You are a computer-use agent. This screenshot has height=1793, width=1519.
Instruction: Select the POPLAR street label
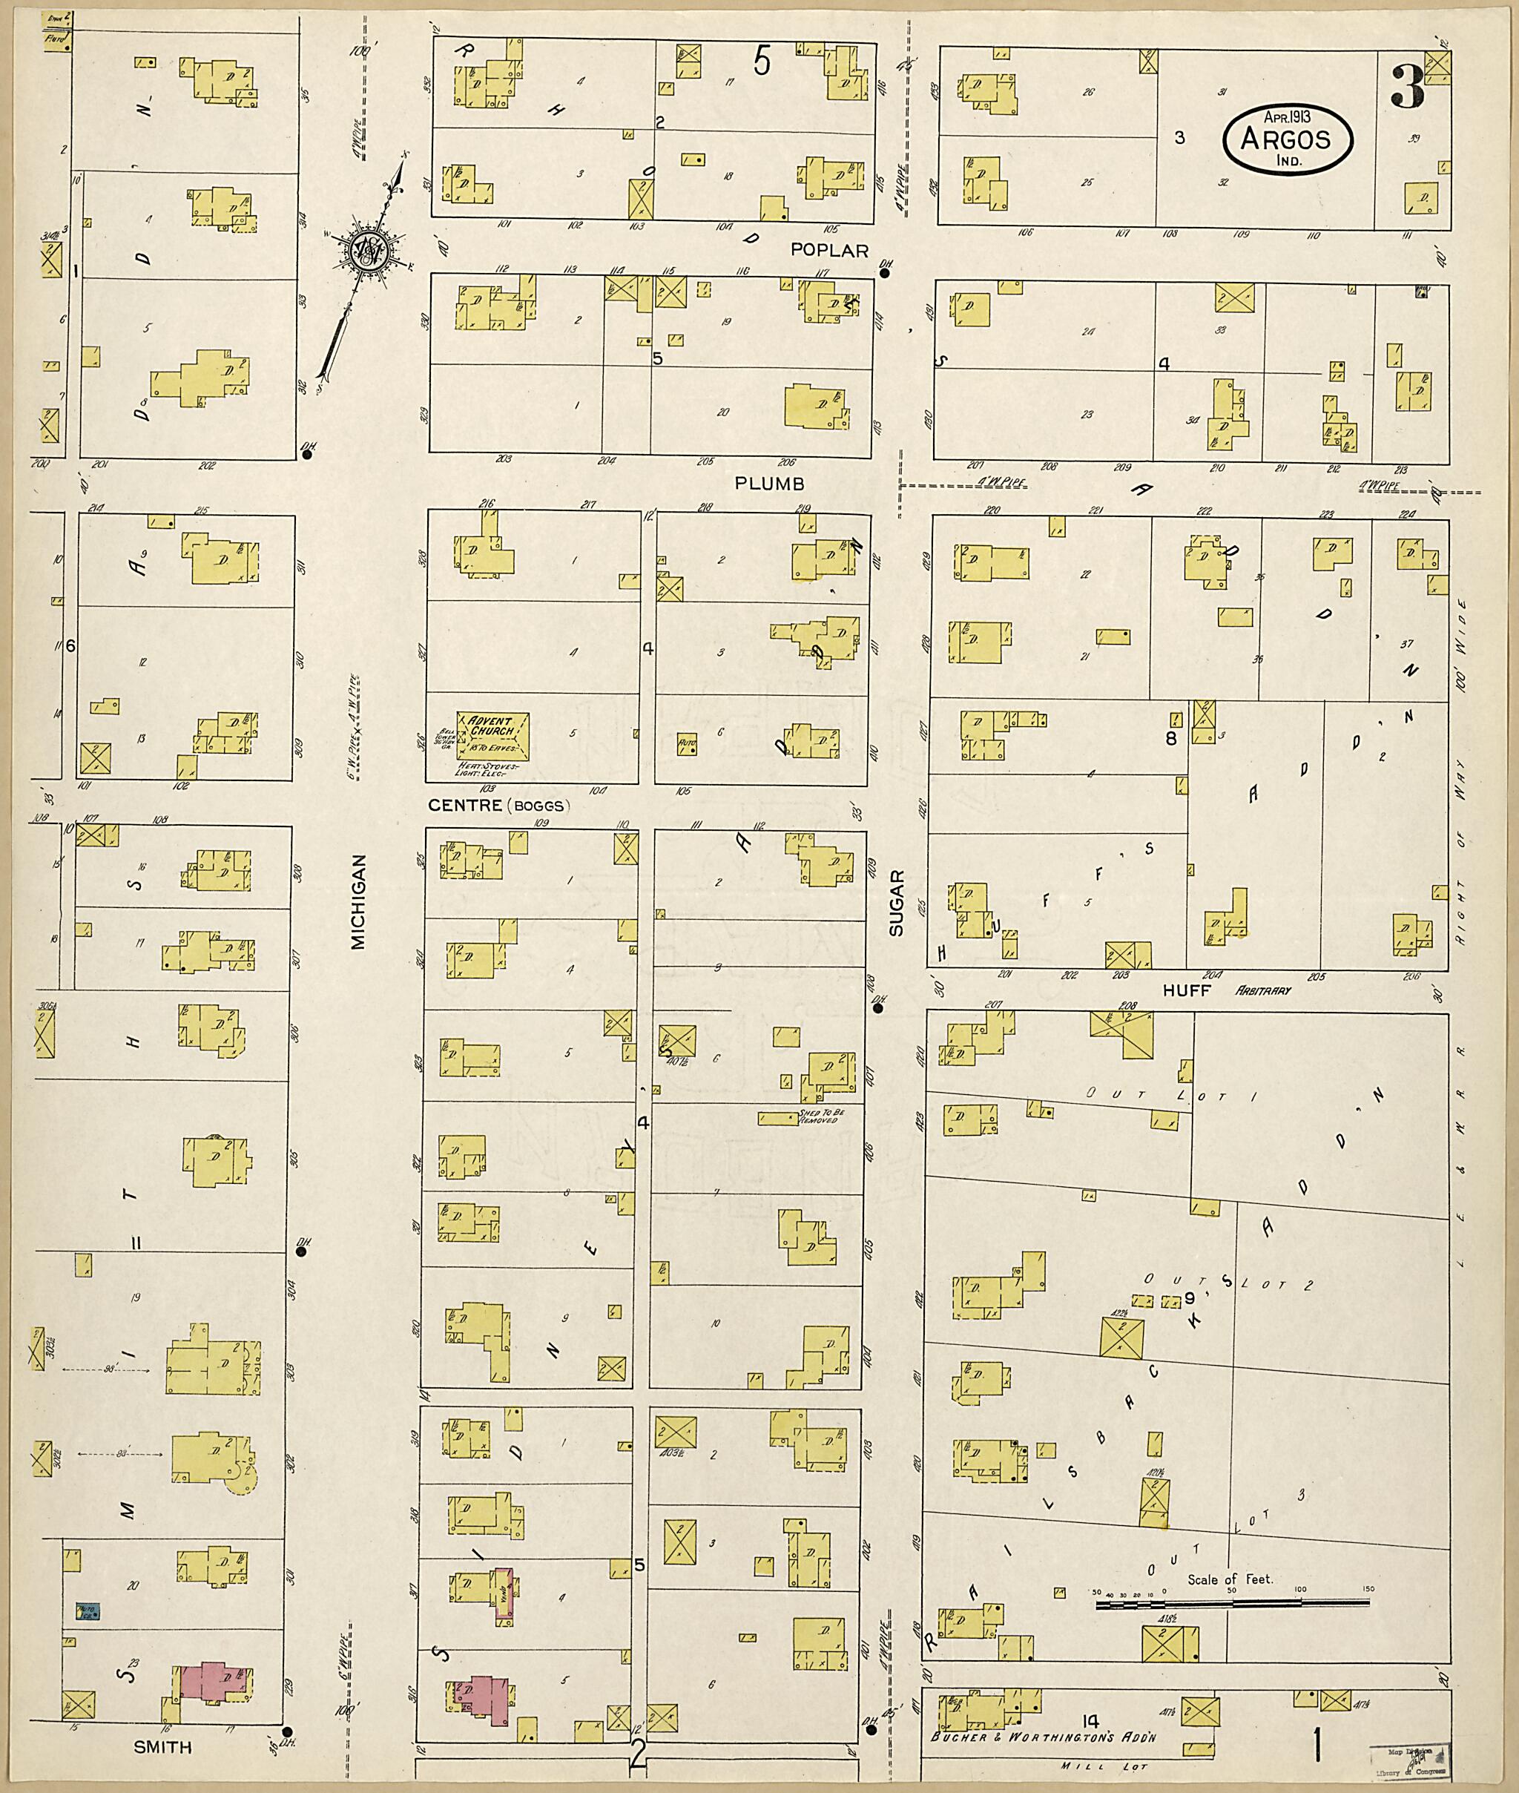point(830,250)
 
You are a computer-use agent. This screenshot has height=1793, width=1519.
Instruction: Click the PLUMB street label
point(769,484)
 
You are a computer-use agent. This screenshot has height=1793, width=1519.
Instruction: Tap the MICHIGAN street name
point(358,901)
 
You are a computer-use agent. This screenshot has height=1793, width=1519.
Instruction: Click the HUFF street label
point(1187,990)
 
